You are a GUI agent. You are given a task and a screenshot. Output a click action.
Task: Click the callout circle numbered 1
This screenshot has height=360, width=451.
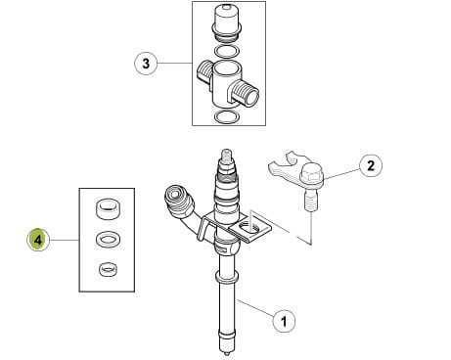tap(284, 321)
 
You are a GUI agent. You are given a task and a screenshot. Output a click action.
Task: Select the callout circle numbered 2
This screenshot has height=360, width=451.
tap(371, 165)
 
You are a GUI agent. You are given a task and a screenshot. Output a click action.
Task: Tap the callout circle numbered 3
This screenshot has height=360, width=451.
tap(146, 63)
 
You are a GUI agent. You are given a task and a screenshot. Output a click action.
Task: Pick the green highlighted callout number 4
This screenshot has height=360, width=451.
tap(38, 240)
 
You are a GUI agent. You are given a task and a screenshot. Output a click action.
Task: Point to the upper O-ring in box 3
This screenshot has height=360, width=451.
tap(227, 51)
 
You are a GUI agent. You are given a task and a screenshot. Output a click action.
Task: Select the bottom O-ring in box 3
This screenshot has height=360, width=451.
tap(227, 117)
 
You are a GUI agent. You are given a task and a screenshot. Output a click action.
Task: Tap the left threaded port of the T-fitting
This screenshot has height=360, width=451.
tap(203, 72)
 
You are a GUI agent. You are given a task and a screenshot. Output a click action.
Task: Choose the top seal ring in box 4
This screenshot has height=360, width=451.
tap(108, 209)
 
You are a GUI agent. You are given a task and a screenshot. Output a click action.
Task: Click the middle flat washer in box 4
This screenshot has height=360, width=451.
tap(108, 239)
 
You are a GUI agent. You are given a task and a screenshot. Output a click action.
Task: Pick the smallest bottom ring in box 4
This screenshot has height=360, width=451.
tap(108, 269)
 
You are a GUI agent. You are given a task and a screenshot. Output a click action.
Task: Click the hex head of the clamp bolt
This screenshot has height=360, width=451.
tap(312, 172)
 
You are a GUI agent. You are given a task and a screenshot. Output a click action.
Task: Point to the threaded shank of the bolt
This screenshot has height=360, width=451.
tap(311, 202)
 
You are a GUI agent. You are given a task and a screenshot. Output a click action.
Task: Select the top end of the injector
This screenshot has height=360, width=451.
tap(227, 154)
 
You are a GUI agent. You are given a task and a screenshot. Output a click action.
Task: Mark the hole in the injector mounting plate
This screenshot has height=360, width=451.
tap(249, 228)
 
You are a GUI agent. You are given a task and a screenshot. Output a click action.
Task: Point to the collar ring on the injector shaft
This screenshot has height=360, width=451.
tap(227, 277)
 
